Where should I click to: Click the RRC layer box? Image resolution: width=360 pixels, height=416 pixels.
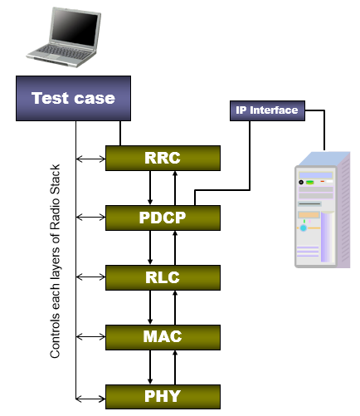[x=163, y=156]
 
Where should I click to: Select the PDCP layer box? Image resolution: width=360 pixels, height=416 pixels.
[x=163, y=218]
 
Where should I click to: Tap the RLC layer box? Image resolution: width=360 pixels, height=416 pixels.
[x=163, y=277]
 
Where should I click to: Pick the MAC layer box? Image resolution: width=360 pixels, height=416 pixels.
[x=163, y=337]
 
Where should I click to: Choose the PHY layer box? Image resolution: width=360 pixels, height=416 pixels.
[x=163, y=396]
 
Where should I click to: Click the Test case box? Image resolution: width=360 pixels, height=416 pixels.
[x=73, y=99]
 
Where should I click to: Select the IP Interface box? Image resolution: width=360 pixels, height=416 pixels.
[x=265, y=110]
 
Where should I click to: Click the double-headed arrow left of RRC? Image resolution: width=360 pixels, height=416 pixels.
[x=90, y=156]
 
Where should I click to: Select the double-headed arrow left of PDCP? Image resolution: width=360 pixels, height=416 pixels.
[x=90, y=218]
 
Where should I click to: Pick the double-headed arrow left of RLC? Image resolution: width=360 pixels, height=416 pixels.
[x=90, y=277]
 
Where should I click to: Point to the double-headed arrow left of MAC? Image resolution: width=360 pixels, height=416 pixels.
[x=90, y=337]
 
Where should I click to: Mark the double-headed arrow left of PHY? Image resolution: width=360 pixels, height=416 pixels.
[x=90, y=395]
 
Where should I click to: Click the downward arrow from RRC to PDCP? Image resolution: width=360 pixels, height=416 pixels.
[x=150, y=187]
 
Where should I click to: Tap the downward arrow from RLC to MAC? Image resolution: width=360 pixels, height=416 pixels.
[x=150, y=307]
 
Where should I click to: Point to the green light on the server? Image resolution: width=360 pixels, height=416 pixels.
[x=309, y=181]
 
